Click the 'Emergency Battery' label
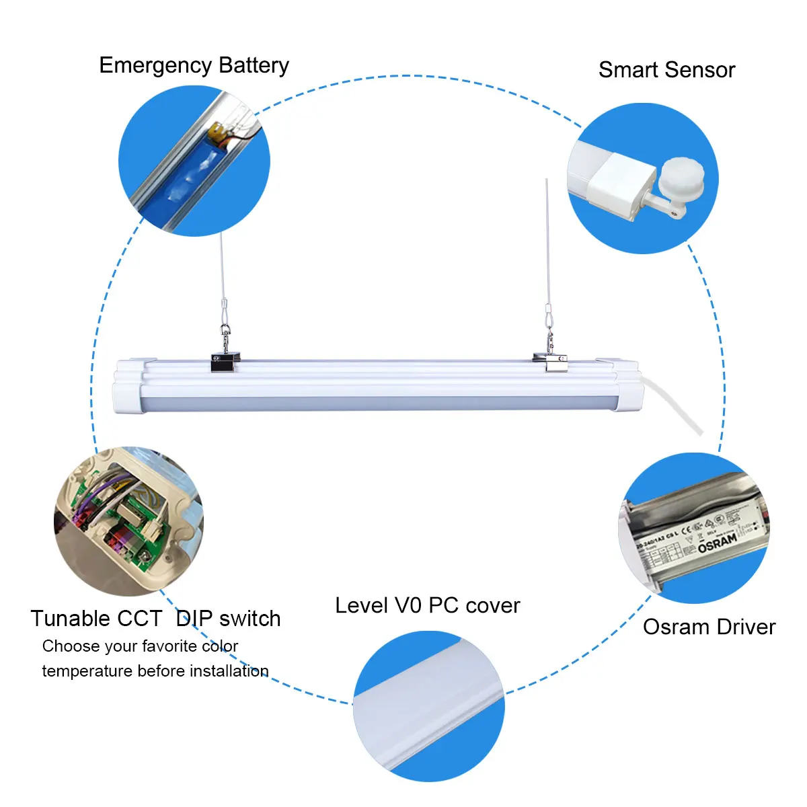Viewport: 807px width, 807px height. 194,65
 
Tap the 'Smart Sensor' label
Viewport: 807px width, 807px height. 666,70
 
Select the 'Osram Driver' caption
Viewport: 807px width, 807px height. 709,627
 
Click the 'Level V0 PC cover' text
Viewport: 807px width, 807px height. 427,605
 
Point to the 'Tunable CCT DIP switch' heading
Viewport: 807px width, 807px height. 155,618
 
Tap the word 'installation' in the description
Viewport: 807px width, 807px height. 229,671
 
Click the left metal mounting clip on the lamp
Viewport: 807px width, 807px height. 225,363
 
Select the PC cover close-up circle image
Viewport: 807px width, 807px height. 428,706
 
